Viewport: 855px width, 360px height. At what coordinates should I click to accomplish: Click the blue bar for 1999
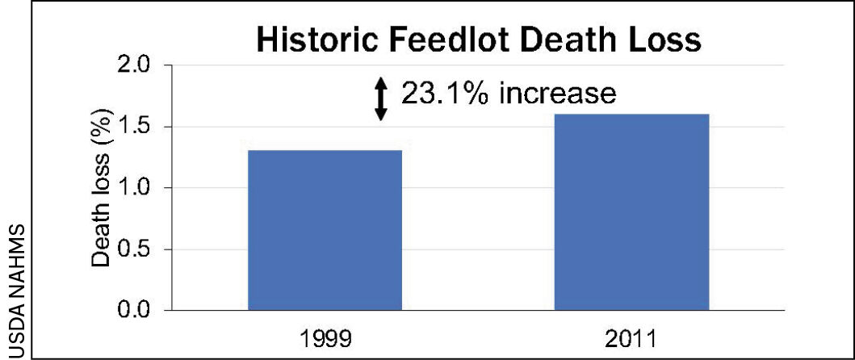click(325, 230)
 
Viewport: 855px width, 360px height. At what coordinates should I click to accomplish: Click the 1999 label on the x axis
click(325, 337)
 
